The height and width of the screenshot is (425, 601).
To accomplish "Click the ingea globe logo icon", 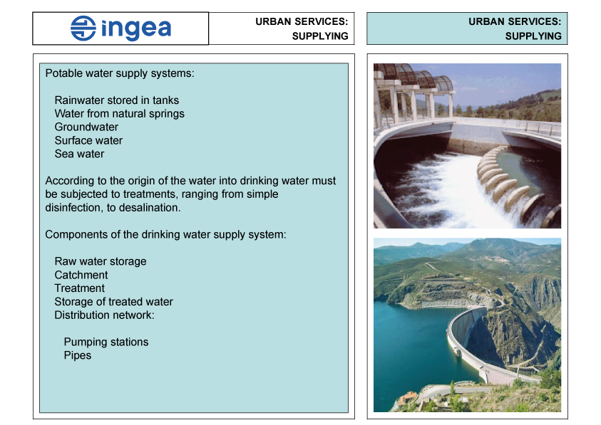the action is pos(83,28).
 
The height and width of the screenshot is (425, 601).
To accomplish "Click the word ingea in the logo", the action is pos(136,29).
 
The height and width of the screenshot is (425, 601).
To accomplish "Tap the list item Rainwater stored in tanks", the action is pos(116,100).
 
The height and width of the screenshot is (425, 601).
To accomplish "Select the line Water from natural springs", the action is pos(119,114).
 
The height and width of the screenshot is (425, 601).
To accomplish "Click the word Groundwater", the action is pos(86,127).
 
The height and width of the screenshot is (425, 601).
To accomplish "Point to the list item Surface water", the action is pos(88,140).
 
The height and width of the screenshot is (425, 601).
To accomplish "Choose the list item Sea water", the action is pos(79,154).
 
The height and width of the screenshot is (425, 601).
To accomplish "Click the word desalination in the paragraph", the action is pos(150,208).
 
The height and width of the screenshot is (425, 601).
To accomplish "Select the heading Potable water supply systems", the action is pos(120,73).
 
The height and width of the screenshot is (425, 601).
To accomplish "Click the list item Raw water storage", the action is pos(101,261).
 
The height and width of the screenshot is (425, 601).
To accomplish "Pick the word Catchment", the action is pos(81,275).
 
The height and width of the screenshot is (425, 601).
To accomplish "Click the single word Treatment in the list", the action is pos(79,288).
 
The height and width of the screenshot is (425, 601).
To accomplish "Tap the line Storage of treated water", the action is pos(113,302).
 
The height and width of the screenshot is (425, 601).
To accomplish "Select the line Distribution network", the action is pos(104,315).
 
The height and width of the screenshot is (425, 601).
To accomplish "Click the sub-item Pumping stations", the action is pos(106,342).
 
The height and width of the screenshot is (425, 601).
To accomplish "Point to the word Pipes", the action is pos(78,355).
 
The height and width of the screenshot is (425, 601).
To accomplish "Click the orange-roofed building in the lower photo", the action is pos(407,398).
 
